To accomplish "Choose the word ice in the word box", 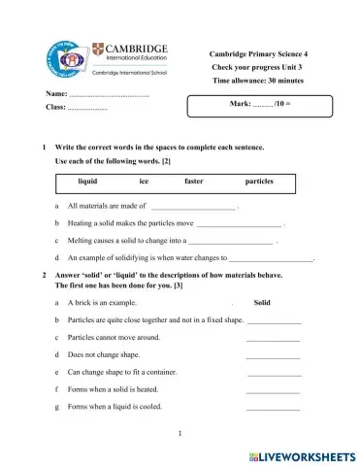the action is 145,182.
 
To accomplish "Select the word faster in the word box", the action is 195,182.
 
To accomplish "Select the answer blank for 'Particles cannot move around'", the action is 273,338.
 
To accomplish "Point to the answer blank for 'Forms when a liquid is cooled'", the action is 273,408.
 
